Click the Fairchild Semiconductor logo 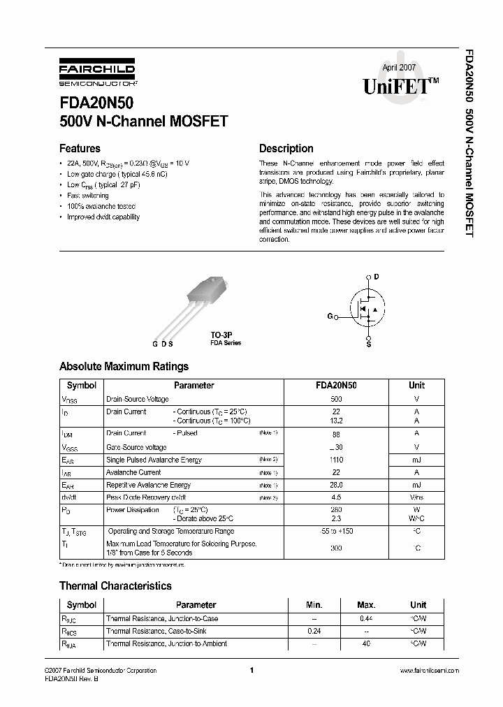point(97,74)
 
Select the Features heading point(80,148)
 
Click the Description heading point(286,148)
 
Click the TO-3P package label point(221,335)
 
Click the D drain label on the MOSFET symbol point(376,277)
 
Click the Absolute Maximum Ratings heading point(124,366)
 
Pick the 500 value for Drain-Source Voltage point(336,399)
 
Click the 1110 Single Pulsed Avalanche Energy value point(336,460)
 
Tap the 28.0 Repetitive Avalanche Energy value point(336,485)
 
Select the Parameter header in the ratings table point(194,385)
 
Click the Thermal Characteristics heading point(115,585)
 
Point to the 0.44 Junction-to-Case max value point(365,618)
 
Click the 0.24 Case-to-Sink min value point(314,631)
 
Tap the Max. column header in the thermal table point(365,605)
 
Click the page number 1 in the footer point(250,671)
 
